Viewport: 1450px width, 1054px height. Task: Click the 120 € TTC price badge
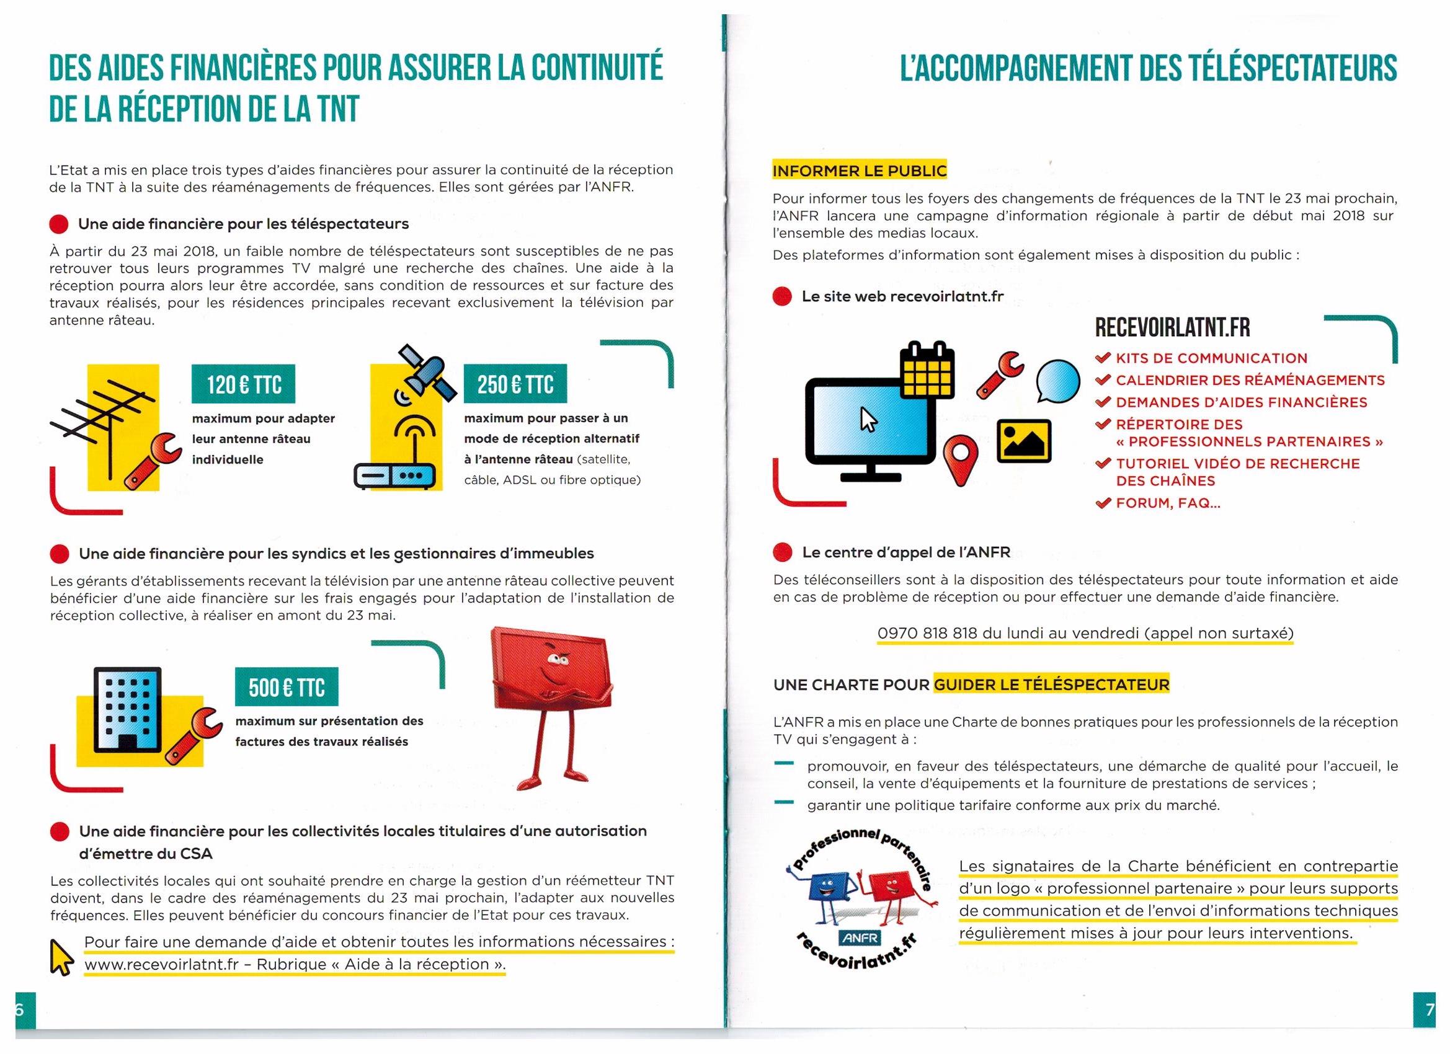click(x=243, y=384)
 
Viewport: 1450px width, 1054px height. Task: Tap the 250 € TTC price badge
click(x=515, y=384)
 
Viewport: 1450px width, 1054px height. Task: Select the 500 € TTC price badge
click(x=287, y=687)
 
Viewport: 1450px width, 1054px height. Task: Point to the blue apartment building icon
click(x=127, y=709)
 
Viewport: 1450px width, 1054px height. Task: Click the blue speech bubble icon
click(x=1057, y=381)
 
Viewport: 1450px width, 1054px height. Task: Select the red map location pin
click(x=961, y=458)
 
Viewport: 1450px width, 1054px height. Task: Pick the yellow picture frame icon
click(x=1023, y=441)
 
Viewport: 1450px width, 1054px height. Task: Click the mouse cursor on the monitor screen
click(x=868, y=420)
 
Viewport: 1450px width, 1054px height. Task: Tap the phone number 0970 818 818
click(x=927, y=633)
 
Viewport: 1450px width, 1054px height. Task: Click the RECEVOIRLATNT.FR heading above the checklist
click(x=1172, y=327)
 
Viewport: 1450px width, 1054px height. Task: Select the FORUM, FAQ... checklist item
click(x=1167, y=503)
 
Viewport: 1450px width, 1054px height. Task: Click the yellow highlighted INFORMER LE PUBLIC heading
click(x=859, y=170)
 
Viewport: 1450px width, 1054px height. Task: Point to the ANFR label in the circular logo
click(x=861, y=937)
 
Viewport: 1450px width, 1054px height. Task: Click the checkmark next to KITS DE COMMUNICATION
click(x=1102, y=358)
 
